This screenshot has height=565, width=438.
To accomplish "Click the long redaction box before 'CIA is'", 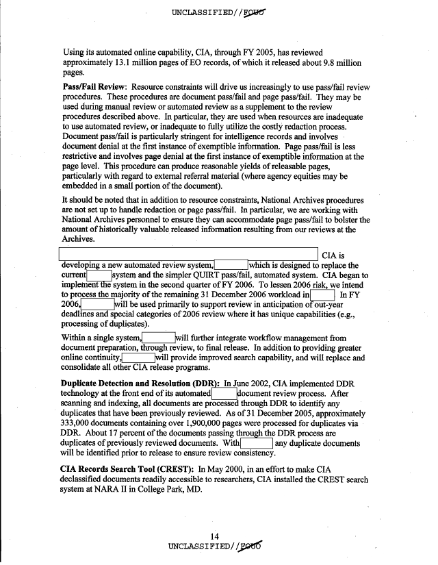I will coord(190,255).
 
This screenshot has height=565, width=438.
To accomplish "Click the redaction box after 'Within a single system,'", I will coord(158,337).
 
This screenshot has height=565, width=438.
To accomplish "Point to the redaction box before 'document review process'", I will coord(223,394).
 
